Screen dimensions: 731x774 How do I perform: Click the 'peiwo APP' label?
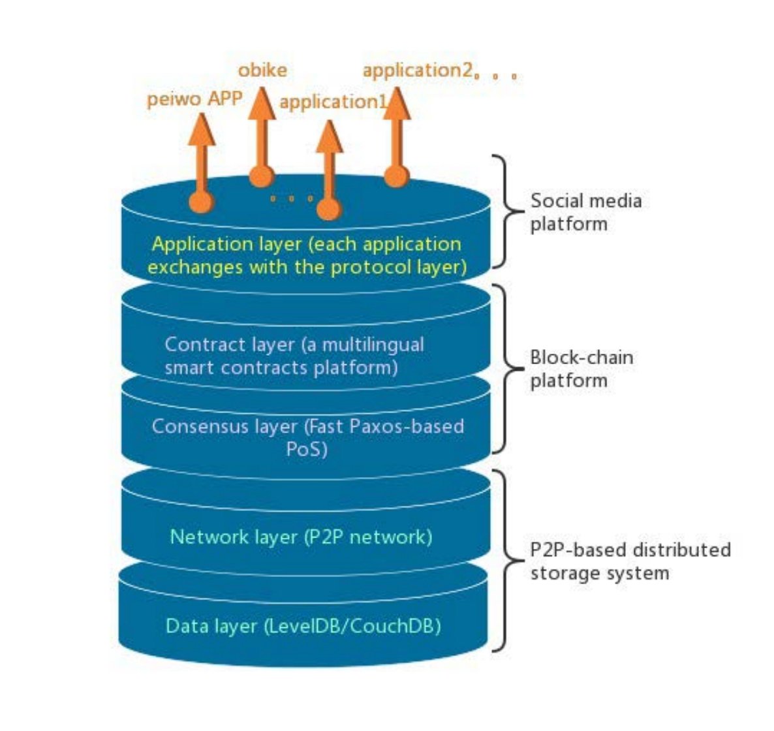point(194,99)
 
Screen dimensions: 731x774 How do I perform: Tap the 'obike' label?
point(262,70)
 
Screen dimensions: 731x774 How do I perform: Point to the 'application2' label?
point(417,70)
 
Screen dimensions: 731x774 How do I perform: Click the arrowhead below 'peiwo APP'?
point(202,131)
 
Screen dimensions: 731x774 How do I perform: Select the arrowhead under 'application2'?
point(396,104)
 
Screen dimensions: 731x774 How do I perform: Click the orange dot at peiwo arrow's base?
point(201,202)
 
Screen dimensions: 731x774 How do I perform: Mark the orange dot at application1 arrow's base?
point(328,209)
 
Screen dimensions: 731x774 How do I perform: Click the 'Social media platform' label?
point(585,212)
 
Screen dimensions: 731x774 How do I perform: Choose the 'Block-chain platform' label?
point(581,369)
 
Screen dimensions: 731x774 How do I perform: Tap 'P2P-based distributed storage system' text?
point(630,561)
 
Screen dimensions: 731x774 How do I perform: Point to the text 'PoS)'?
point(306,450)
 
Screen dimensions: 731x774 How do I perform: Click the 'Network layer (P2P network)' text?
point(301,537)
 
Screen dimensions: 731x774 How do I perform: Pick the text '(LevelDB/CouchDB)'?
point(352,626)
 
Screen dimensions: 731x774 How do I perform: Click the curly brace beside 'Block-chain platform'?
point(503,368)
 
